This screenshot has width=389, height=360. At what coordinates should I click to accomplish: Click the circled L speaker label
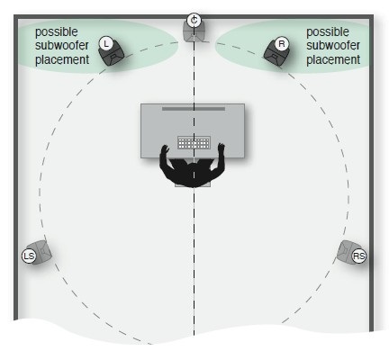[105, 44]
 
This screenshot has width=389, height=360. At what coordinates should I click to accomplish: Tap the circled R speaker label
[282, 44]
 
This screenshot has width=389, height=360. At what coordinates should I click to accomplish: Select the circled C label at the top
[194, 21]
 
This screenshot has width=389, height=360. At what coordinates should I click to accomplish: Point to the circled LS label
[29, 256]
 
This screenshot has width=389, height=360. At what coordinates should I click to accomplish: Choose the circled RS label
[358, 256]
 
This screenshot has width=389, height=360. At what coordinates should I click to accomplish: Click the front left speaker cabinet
[113, 53]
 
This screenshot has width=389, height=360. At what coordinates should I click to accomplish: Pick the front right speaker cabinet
[276, 53]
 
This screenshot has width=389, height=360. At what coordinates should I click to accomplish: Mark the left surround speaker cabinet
[39, 253]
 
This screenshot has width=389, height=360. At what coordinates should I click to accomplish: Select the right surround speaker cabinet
[348, 251]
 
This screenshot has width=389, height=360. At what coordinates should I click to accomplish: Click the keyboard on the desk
[194, 142]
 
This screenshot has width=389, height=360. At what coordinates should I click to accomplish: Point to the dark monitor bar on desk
[194, 109]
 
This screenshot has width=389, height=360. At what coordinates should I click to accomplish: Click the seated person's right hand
[222, 148]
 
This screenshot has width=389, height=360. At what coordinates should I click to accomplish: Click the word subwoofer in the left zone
[62, 46]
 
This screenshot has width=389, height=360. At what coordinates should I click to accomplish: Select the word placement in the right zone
[333, 60]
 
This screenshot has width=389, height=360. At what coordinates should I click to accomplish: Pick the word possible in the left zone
[57, 32]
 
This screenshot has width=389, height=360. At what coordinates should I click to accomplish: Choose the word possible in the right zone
[328, 32]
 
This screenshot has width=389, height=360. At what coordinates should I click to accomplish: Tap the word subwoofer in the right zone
[333, 46]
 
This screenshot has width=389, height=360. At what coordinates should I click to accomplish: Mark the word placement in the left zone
[62, 60]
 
